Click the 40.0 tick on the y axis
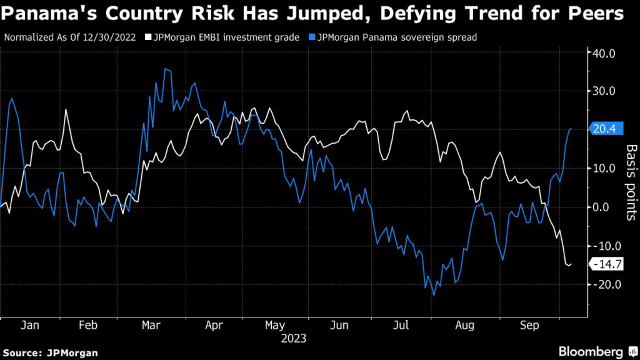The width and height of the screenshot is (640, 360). coord(604,53)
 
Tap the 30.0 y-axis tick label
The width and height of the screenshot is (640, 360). coord(604,91)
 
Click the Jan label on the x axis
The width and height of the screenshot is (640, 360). coord(30,325)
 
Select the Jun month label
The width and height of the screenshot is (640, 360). coord(340,325)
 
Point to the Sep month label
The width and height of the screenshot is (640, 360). coord(529,325)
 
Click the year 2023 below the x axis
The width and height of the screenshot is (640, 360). coord(293,338)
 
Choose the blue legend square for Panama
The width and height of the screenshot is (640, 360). coord(311,37)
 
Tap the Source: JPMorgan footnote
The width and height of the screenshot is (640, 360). coord(50,352)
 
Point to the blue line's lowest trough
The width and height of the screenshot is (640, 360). coord(433,294)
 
